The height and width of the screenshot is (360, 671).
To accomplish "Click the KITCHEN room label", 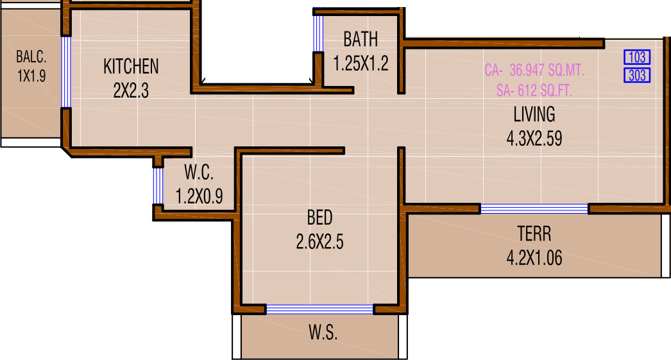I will [x=131, y=66].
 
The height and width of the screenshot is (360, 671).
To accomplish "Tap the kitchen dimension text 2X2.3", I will [x=131, y=91].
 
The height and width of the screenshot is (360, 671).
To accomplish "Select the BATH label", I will [x=361, y=40].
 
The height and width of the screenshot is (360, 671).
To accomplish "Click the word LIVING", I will [x=534, y=115].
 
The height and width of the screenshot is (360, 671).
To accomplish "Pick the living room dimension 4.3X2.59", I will [x=534, y=139].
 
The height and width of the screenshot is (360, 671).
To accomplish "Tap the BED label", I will [x=319, y=218].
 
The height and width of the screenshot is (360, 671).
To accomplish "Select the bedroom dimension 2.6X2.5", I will [x=319, y=243].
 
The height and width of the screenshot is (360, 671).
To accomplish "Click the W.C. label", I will [x=199, y=173].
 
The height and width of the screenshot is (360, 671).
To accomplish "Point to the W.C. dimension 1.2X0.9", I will [x=199, y=196].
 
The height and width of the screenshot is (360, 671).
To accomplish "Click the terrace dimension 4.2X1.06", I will [x=534, y=258].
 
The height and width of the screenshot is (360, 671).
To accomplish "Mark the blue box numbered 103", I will [x=637, y=58].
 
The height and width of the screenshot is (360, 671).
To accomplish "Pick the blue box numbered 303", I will [x=637, y=75].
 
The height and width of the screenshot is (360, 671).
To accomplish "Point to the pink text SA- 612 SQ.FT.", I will [x=534, y=91].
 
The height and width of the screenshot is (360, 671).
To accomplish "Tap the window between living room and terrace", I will [x=534, y=209].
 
